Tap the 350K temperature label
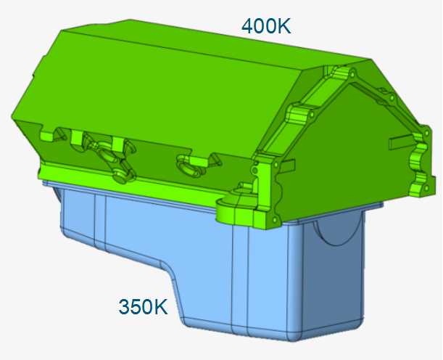coord(143,306)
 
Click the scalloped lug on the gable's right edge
coord(419,157)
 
